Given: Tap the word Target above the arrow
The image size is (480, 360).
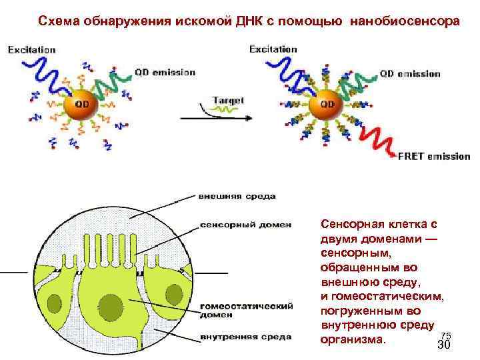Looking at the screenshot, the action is (228, 100).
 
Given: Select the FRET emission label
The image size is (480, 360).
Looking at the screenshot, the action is (434, 156).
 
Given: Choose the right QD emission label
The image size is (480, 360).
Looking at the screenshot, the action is (410, 73).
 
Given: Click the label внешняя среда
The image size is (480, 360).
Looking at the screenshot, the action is (237, 196).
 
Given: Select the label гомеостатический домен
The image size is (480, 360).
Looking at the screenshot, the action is (246, 310).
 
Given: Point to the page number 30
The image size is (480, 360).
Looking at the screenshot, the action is (444, 345).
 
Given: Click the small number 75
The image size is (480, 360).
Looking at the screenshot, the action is (446, 335).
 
